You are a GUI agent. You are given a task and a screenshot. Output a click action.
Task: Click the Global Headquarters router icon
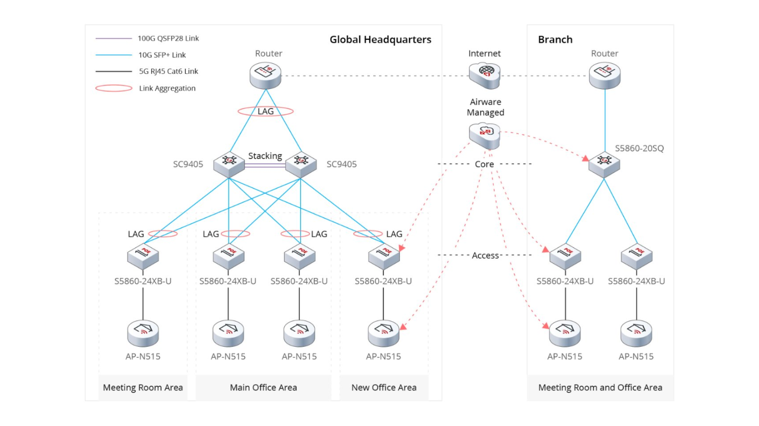pos(266,75)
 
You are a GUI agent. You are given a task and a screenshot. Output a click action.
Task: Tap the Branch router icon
pos(604,75)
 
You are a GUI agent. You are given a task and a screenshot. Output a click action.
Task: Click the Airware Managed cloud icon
pos(485,135)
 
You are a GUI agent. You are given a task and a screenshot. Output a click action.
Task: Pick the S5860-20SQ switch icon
pos(604,164)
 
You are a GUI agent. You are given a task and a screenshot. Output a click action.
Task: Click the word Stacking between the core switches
pos(265,156)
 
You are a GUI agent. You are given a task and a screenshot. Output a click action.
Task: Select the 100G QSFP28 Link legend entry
pos(168,38)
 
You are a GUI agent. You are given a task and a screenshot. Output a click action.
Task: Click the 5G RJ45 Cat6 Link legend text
pos(168,71)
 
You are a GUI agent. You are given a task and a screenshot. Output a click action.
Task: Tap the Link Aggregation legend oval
pos(114,88)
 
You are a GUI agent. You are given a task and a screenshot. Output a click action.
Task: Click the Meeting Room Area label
pos(143,388)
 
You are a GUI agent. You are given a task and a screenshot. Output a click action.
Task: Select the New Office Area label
pos(384,388)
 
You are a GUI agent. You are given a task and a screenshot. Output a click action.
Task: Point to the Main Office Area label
pos(263,388)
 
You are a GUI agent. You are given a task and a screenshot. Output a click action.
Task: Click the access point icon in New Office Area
pos(383,333)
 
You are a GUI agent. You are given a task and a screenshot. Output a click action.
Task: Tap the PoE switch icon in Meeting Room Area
pos(143,256)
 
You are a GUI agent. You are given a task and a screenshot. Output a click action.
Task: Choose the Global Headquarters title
pos(380,39)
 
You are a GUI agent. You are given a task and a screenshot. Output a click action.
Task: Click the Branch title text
pos(555,39)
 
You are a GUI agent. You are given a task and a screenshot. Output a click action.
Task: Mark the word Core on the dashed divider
pos(484,164)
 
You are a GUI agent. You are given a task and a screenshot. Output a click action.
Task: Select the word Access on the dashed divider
pos(485,255)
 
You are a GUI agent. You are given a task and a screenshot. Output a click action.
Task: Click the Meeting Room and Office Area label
pos(600,388)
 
